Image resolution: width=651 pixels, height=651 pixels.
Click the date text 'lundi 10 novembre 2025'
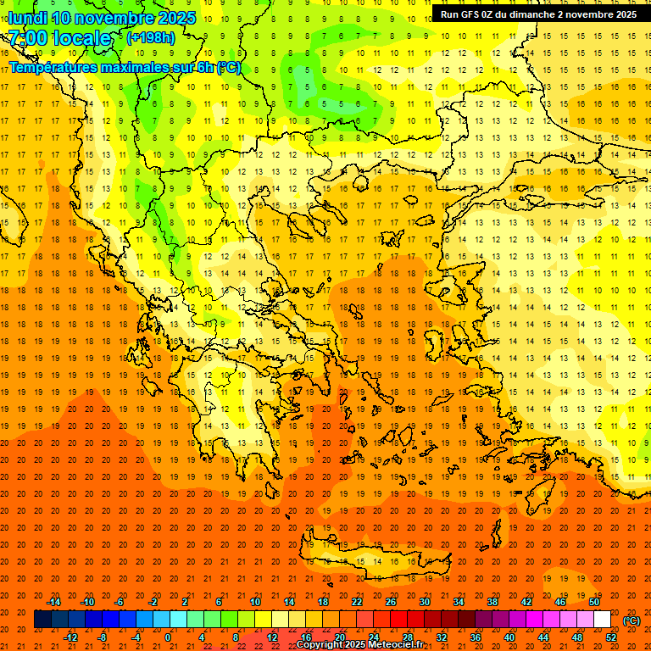click(102, 18)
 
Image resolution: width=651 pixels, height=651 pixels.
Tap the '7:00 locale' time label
click(59, 38)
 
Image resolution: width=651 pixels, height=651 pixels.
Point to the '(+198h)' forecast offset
click(151, 38)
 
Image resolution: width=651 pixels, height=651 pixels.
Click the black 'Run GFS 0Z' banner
click(538, 14)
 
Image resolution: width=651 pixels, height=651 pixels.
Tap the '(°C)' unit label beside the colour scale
click(632, 620)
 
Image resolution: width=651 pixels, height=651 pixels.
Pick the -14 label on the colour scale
click(54, 602)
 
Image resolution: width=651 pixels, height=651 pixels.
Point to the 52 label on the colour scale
click(611, 637)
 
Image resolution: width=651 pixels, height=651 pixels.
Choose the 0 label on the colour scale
click(168, 637)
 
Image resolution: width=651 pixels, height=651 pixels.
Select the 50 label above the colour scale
click(594, 602)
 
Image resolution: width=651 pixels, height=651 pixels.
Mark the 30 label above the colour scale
click(425, 602)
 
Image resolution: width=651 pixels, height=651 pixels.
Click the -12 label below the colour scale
click(71, 637)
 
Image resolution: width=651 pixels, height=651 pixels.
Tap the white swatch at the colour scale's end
click(602, 620)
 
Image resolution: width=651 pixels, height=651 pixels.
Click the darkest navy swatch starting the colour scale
click(42, 620)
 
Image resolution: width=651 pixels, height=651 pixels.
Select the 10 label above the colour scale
click(255, 602)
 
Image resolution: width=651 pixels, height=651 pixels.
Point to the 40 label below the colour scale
click(509, 637)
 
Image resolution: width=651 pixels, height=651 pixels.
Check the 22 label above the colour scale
click(357, 602)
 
